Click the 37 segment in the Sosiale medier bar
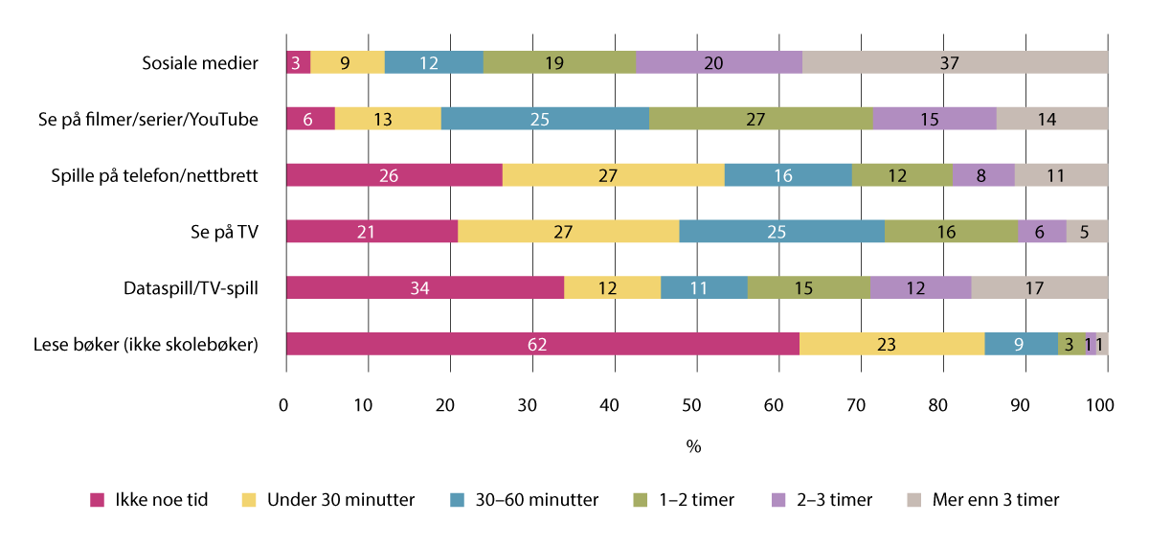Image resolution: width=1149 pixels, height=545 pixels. (x=955, y=63)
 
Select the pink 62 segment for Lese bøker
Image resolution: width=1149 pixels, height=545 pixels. (x=542, y=344)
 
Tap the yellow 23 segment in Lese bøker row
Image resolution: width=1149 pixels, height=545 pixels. (x=890, y=344)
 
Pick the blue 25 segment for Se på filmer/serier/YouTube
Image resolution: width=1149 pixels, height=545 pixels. (x=545, y=119)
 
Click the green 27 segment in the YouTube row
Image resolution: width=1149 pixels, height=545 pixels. (x=760, y=119)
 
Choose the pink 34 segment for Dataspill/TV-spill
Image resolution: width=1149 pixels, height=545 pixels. (x=425, y=287)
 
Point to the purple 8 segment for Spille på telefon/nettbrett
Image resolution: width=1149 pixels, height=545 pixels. (x=983, y=175)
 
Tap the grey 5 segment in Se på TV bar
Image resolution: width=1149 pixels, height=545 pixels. (x=1087, y=232)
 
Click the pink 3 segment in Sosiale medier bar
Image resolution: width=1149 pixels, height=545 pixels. (x=298, y=63)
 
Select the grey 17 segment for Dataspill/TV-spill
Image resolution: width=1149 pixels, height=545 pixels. (x=1039, y=287)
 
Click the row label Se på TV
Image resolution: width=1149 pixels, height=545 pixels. (x=226, y=232)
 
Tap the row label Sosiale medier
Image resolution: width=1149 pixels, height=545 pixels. (x=199, y=63)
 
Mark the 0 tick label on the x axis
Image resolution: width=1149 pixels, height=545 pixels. (x=284, y=406)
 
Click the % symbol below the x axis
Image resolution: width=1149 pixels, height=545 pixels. (x=694, y=446)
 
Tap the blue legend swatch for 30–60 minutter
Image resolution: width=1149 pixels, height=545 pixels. (x=457, y=500)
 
